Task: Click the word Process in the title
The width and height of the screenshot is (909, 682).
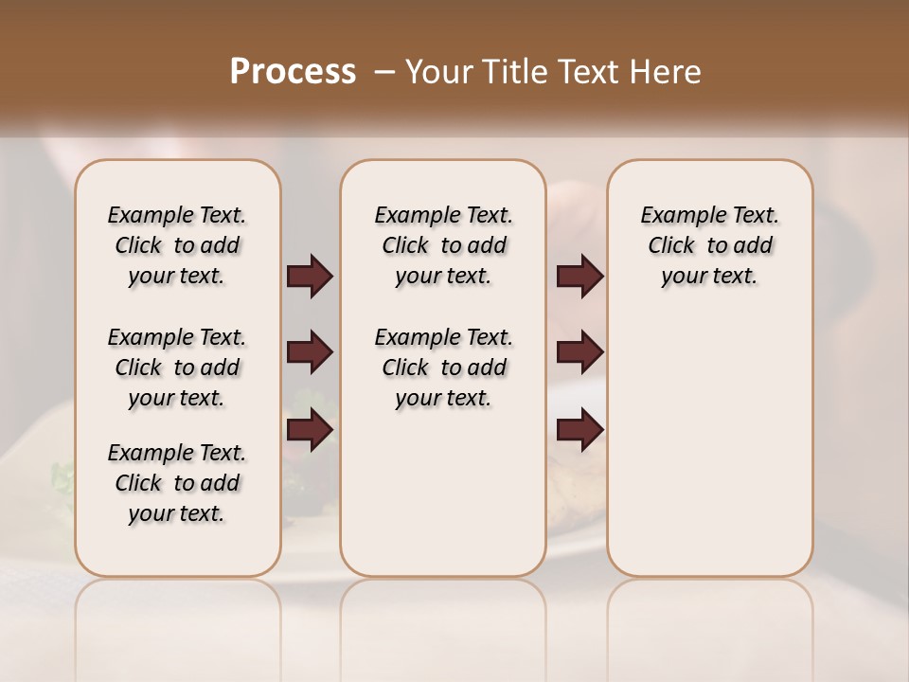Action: pyautogui.click(x=293, y=72)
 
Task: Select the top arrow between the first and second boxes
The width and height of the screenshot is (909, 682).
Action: pyautogui.click(x=310, y=277)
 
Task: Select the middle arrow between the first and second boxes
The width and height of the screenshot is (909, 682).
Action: pyautogui.click(x=310, y=353)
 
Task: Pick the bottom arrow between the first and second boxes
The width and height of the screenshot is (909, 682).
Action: pyautogui.click(x=310, y=430)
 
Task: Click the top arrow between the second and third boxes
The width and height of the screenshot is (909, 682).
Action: pyautogui.click(x=579, y=277)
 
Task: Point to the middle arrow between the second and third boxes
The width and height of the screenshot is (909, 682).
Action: pyautogui.click(x=579, y=353)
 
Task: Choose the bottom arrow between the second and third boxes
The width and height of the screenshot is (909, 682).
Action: pyautogui.click(x=579, y=430)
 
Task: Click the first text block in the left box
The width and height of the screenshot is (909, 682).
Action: pyautogui.click(x=177, y=245)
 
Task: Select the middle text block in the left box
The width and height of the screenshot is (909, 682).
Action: pyautogui.click(x=177, y=368)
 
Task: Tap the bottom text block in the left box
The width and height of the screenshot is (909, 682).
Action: pyautogui.click(x=177, y=483)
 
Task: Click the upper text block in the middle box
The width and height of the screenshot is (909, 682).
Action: pyautogui.click(x=443, y=245)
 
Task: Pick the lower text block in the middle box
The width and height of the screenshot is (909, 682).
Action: pyautogui.click(x=443, y=368)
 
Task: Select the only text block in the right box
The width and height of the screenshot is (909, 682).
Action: pyautogui.click(x=709, y=245)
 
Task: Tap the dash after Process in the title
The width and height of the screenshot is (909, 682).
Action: pyautogui.click(x=383, y=72)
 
